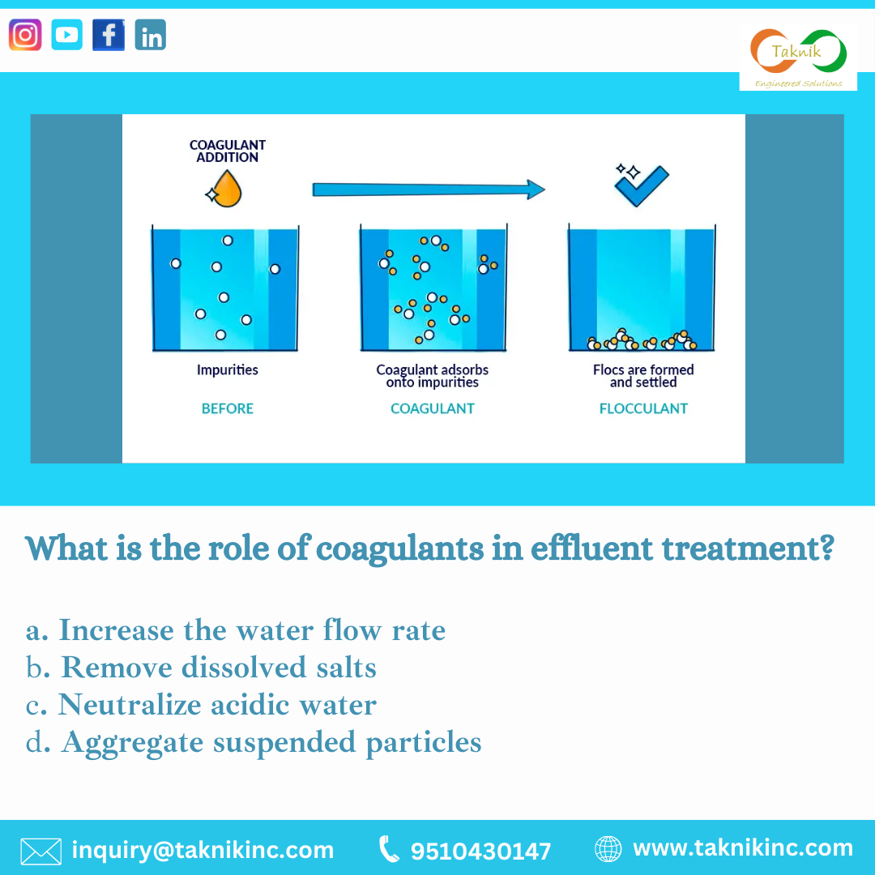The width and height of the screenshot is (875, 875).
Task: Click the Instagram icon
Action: point(25,35)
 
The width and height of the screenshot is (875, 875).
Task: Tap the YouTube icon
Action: point(67,35)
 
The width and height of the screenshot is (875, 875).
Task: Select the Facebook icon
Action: point(109,35)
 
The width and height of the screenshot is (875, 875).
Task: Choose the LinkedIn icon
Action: point(151,35)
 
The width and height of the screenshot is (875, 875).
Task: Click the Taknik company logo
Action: point(798,57)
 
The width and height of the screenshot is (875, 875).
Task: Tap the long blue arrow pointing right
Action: point(428,190)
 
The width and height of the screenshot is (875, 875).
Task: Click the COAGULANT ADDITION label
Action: point(228,152)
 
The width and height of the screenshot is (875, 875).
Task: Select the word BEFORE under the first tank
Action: point(228,408)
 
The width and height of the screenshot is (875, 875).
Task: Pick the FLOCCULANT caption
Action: point(643,408)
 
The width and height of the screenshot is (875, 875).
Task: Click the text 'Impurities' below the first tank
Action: point(228,370)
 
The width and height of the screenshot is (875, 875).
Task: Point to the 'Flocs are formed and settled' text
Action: point(643,376)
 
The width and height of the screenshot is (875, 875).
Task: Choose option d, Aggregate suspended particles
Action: point(254,742)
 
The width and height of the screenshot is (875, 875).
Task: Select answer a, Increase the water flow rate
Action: point(236,630)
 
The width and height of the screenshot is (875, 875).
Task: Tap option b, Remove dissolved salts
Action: point(202,668)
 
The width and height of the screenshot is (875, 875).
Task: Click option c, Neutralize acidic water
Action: point(202,705)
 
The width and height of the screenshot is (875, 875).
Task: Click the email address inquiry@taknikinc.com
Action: point(203,850)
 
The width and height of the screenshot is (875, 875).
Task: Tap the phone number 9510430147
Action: point(480,851)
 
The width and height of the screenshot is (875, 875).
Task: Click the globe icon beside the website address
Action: point(608,849)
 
